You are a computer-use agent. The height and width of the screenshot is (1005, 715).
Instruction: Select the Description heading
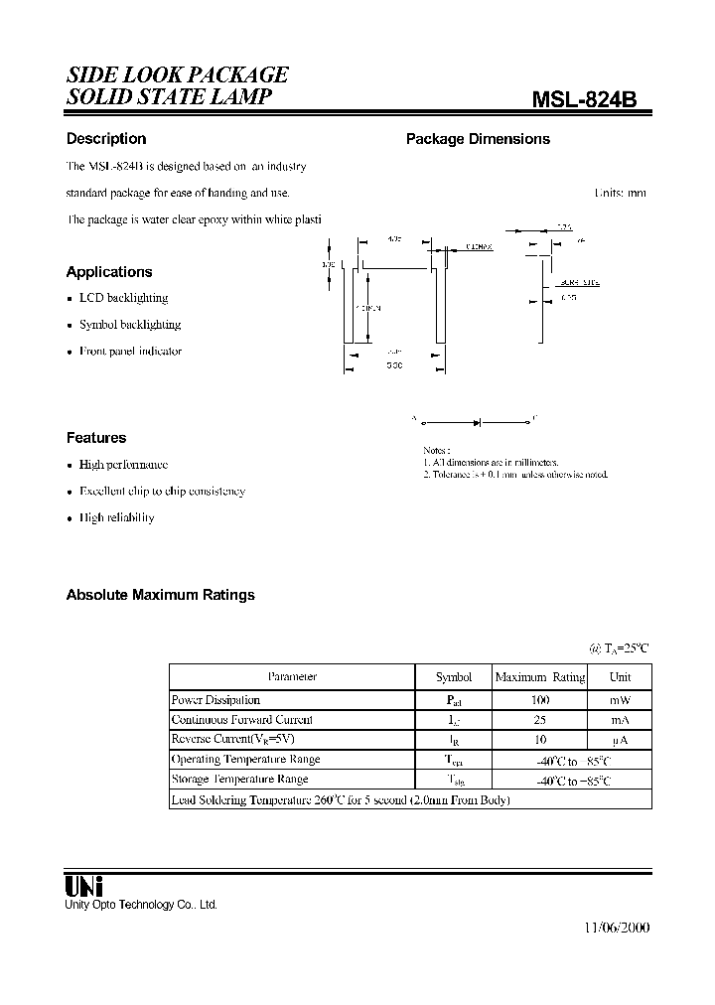[x=106, y=139]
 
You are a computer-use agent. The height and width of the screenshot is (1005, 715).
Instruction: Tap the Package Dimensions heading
[x=478, y=139]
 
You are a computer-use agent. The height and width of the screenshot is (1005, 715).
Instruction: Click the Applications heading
[x=109, y=272]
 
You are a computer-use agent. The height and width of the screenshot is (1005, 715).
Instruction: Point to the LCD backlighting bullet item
[x=123, y=298]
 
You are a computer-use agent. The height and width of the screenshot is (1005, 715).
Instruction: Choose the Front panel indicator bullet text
[x=130, y=352]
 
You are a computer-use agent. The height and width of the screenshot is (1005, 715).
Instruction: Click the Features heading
[x=96, y=438]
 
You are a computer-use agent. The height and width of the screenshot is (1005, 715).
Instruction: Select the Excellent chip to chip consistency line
[x=162, y=492]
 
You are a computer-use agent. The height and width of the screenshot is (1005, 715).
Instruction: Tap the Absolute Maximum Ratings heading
[x=160, y=595]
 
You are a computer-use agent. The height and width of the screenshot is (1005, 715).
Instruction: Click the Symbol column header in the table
[x=454, y=677]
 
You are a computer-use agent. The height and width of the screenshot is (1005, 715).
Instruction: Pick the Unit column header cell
[x=620, y=677]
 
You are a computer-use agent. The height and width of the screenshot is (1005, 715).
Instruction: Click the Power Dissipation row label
[x=215, y=700]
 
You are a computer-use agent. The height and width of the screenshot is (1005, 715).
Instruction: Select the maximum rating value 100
[x=540, y=700]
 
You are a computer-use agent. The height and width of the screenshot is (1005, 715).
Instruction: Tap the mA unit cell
[x=620, y=720]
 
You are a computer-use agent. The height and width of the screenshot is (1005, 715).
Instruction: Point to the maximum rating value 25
[x=540, y=720]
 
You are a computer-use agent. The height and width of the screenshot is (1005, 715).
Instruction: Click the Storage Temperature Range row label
[x=239, y=781]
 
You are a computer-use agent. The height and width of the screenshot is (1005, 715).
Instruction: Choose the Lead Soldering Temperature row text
[x=340, y=800]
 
